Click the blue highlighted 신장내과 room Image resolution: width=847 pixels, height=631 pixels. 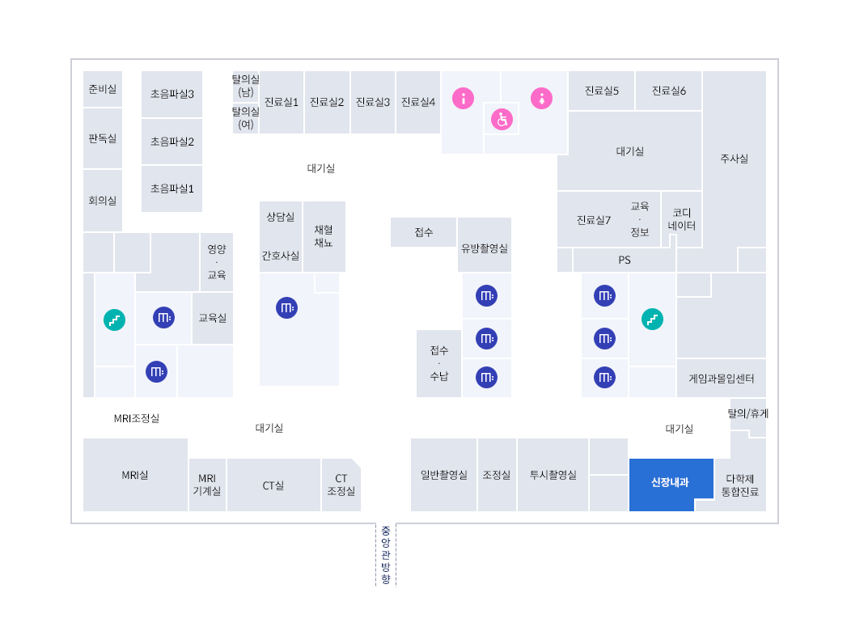pyautogui.click(x=670, y=482)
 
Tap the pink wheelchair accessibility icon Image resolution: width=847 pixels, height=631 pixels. pyautogui.click(x=502, y=120)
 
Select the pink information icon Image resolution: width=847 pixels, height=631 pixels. pyautogui.click(x=463, y=99)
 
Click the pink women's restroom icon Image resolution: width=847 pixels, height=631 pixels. pyautogui.click(x=541, y=99)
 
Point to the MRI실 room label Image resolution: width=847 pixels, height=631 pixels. pyautogui.click(x=135, y=476)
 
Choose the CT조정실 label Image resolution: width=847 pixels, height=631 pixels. pyautogui.click(x=341, y=485)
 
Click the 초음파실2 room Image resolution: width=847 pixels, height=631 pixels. pyautogui.click(x=172, y=142)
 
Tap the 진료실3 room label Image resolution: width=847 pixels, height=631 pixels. pyautogui.click(x=373, y=102)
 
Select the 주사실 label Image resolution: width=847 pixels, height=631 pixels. pyautogui.click(x=734, y=159)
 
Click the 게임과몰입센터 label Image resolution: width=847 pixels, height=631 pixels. pyautogui.click(x=721, y=379)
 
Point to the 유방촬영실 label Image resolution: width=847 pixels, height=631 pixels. pyautogui.click(x=485, y=248)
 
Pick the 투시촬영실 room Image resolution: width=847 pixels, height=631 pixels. pyautogui.click(x=553, y=475)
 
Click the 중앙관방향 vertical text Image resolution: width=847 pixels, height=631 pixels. pyautogui.click(x=386, y=555)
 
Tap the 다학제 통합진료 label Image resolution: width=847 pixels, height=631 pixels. pyautogui.click(x=740, y=485)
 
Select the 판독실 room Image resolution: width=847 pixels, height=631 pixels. pyautogui.click(x=103, y=138)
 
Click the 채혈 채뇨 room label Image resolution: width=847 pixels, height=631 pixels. pyautogui.click(x=324, y=236)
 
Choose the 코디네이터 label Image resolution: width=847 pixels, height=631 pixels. pyautogui.click(x=682, y=219)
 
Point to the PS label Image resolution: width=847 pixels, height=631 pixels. pyautogui.click(x=625, y=260)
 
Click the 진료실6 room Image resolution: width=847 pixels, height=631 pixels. pyautogui.click(x=669, y=91)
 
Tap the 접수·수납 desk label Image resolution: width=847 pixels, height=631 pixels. pyautogui.click(x=439, y=363)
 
